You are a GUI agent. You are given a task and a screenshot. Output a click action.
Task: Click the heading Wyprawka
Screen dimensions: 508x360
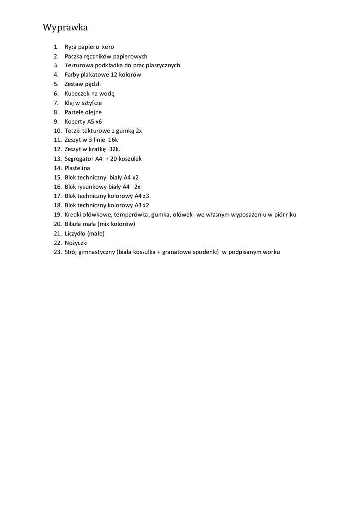coord(66,27)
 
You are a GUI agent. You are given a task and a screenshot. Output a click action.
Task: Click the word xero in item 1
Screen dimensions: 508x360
coord(108,47)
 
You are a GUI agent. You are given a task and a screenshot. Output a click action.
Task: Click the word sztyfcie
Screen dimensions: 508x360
coord(91,103)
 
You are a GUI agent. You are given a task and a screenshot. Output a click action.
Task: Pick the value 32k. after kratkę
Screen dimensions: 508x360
coord(115,149)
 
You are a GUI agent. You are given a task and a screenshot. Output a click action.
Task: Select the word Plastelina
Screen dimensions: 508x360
coord(77,168)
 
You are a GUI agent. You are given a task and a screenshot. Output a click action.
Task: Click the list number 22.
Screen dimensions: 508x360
coord(57,243)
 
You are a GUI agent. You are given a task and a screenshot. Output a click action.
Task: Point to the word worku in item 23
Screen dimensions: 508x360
coord(272,252)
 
